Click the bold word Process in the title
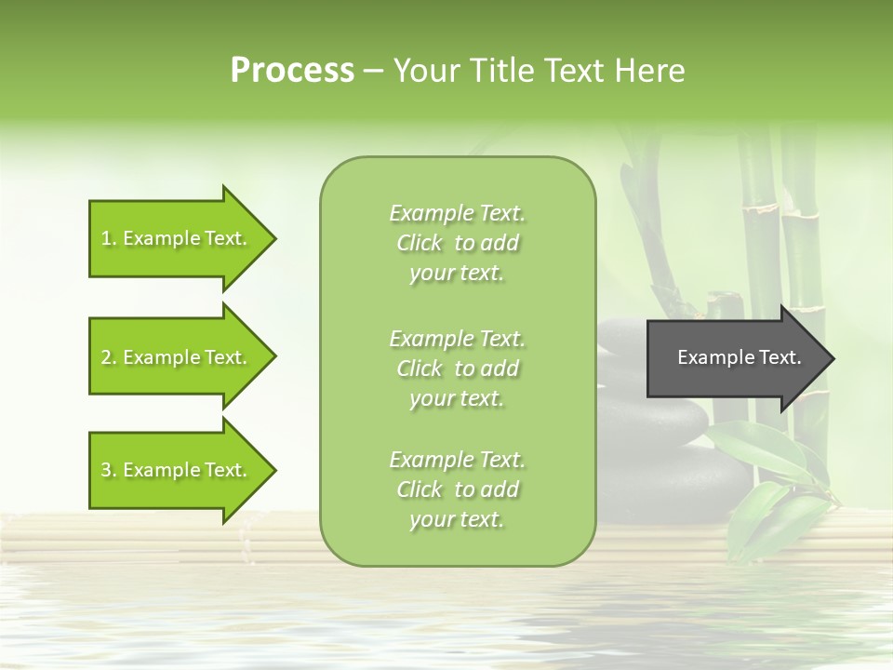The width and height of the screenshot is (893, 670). (x=292, y=71)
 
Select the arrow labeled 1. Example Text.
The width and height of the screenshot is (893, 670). (x=177, y=238)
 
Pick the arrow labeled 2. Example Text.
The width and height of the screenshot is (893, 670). (x=177, y=357)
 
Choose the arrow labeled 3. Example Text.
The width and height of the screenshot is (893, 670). (x=177, y=470)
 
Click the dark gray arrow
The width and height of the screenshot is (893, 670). (x=735, y=358)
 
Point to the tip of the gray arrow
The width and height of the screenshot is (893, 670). (x=831, y=358)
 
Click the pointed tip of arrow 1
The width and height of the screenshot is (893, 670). (x=273, y=238)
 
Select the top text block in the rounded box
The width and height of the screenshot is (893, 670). (x=457, y=243)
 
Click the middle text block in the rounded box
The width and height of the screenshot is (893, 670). (x=457, y=368)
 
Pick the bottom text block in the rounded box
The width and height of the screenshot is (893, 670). (x=457, y=489)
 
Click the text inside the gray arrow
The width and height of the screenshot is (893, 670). (x=740, y=357)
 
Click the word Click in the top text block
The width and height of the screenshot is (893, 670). (x=420, y=243)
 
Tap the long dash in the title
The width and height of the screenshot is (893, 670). (x=373, y=71)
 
